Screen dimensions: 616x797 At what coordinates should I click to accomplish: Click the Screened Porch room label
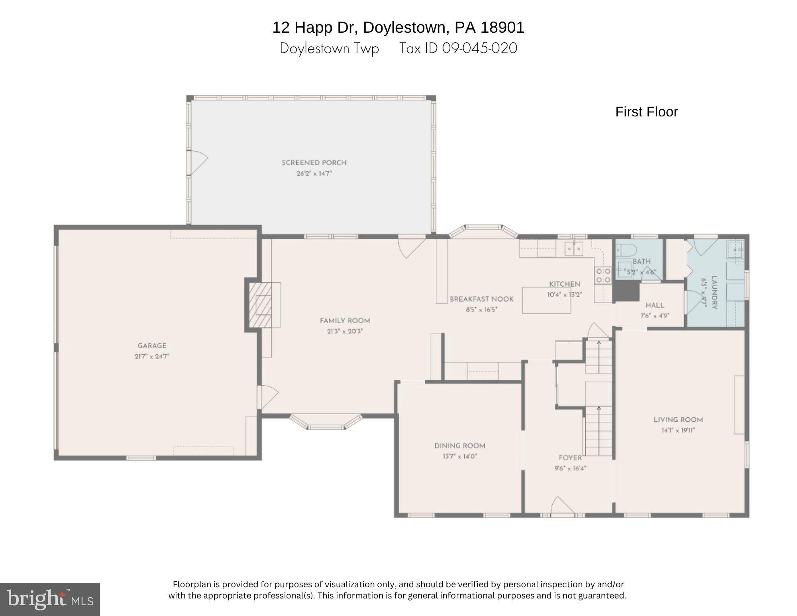tap(314, 163)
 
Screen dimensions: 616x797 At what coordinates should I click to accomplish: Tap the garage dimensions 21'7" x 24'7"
tap(152, 356)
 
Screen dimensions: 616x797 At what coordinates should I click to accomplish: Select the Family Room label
tap(345, 321)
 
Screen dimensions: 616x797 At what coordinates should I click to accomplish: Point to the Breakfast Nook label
tap(481, 299)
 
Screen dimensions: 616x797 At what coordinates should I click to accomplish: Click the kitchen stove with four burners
tap(603, 276)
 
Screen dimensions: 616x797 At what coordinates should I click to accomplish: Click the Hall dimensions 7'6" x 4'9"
tap(655, 315)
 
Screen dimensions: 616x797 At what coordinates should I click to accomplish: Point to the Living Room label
tap(678, 419)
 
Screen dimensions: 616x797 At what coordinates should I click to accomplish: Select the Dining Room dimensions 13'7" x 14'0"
tap(459, 457)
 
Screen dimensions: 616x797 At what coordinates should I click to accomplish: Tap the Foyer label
tap(570, 458)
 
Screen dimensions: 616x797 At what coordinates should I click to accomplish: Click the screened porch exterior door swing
tap(198, 162)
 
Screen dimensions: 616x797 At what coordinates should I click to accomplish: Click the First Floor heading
tap(646, 112)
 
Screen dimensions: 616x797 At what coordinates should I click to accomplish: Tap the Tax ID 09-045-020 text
tap(458, 48)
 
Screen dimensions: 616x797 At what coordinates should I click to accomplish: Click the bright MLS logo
tap(50, 599)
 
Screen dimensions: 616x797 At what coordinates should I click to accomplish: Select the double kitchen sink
tap(573, 250)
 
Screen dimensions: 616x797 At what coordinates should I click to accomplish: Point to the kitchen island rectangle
tap(546, 300)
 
